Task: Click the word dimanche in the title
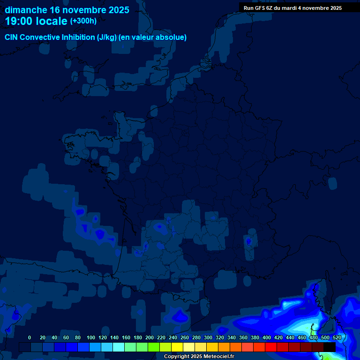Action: coord(26,10)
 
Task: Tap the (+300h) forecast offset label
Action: coord(83,21)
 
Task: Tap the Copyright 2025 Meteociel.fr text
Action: coord(199,357)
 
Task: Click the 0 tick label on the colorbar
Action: coord(30,337)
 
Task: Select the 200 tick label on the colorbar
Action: coord(150,337)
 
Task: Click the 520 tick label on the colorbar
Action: coord(337,337)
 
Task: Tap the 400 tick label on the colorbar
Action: coord(267,337)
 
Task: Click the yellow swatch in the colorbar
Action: coord(177,347)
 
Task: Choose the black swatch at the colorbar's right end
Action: coord(330,347)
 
